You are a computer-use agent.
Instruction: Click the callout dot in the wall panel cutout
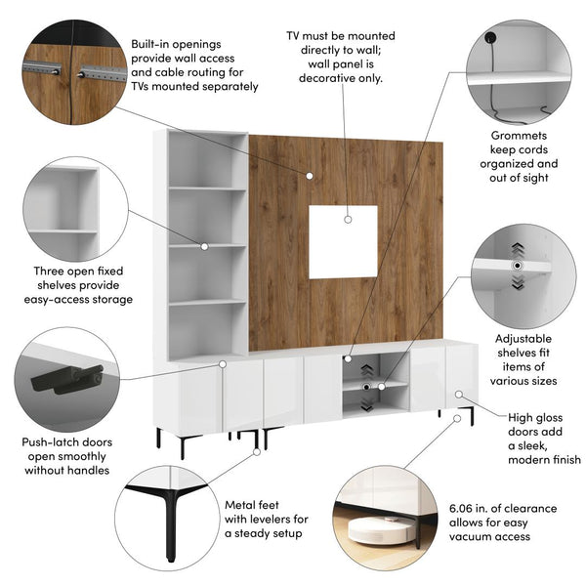click(348, 220)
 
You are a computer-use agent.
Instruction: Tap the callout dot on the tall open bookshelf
click(204, 246)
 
